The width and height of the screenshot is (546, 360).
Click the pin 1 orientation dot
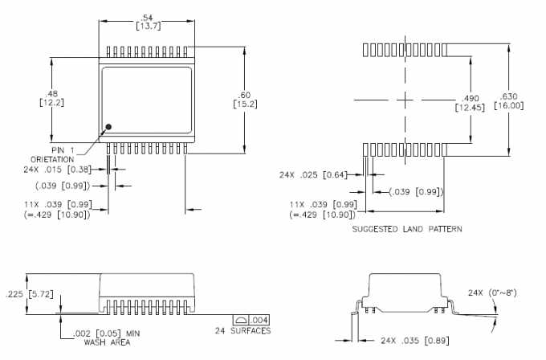[x=109, y=127]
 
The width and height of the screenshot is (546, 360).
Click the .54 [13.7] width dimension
[x=145, y=22]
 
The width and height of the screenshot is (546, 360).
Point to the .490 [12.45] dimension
[x=469, y=102]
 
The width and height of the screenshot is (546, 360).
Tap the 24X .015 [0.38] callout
[x=61, y=170]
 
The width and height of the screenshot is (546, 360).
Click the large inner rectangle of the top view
[x=146, y=100]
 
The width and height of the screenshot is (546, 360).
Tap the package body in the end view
[x=405, y=290]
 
